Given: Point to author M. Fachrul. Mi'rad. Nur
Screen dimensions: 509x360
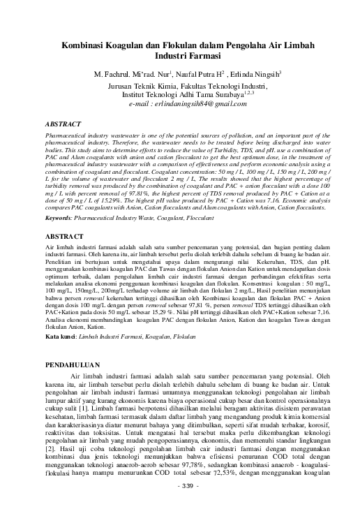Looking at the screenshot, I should pos(132,73).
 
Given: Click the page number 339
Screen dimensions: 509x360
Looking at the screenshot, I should pos(180,485).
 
